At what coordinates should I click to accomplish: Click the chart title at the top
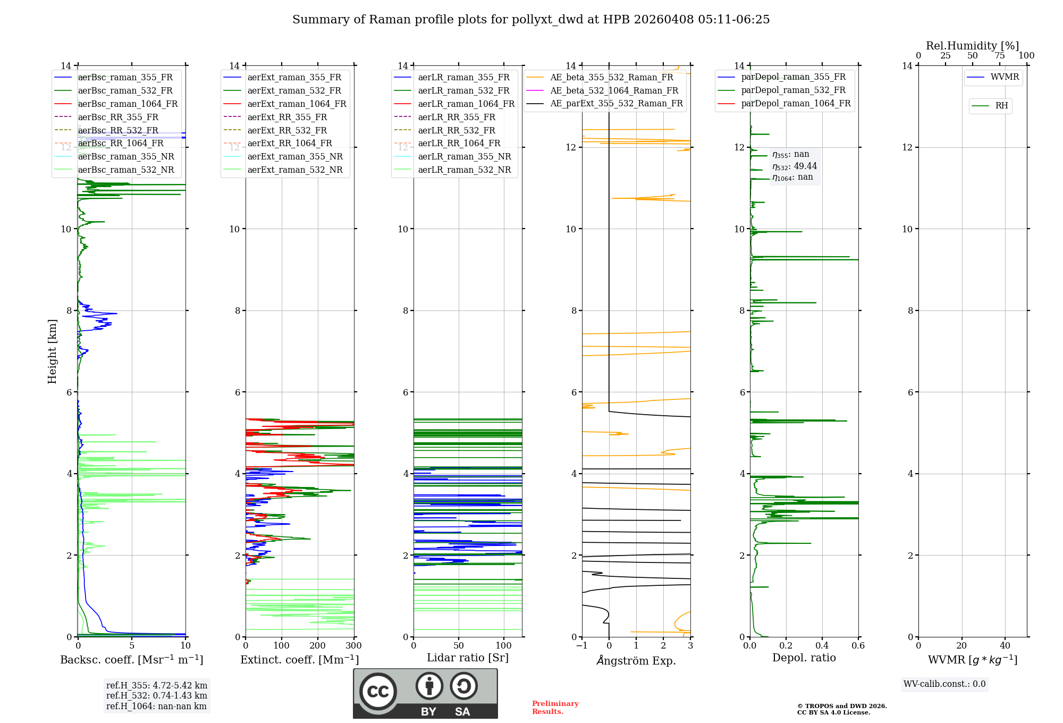pos(531,20)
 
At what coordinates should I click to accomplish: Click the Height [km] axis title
pos(52,351)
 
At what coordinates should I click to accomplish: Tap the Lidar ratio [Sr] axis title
pos(468,658)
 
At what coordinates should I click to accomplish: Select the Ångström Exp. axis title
pos(636,660)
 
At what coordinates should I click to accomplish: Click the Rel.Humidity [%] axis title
pos(972,46)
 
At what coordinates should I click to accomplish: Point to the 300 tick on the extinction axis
pos(354,645)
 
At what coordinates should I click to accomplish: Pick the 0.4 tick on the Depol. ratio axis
pos(822,645)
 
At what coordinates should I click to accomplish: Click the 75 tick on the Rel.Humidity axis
pos(1000,56)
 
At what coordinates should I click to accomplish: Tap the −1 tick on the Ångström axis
pos(581,645)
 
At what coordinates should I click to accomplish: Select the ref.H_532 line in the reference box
pos(156,695)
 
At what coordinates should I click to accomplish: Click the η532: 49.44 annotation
pos(795,166)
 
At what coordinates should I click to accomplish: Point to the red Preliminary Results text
pos(555,707)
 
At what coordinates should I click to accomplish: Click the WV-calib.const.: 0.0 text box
pos(944,684)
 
